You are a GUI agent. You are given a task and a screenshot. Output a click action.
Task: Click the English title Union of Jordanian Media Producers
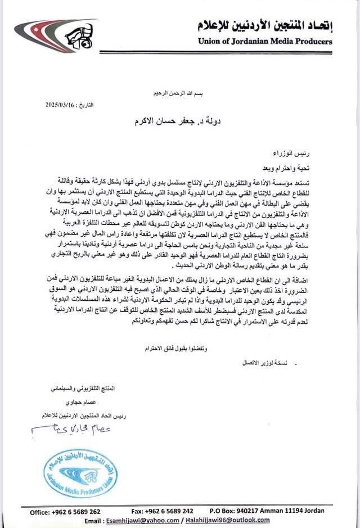[265, 41]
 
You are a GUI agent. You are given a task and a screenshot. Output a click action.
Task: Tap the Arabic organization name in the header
[264, 25]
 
